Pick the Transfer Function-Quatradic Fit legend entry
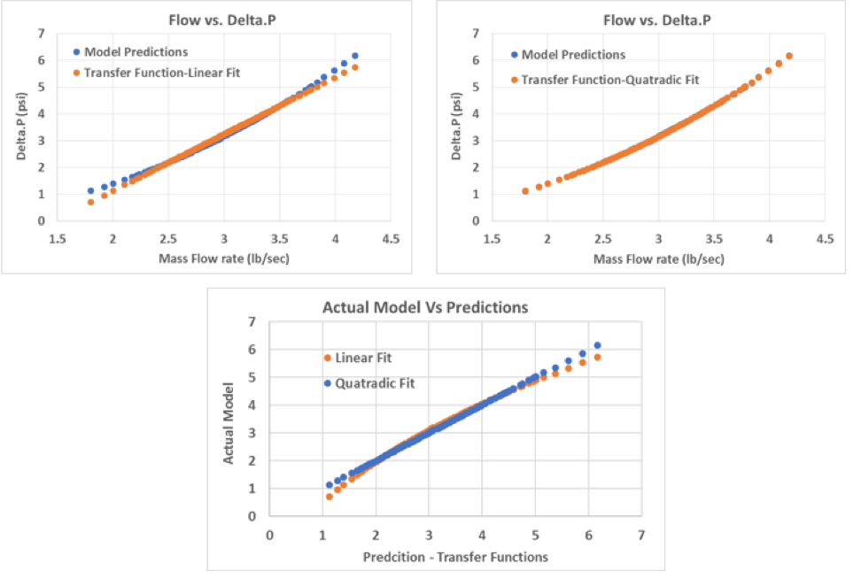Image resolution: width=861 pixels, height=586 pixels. pos(609,80)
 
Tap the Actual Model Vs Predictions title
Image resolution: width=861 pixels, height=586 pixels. pos(427,308)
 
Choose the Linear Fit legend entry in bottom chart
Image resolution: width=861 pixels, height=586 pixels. pos(362,358)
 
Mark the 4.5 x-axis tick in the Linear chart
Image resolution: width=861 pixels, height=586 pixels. pos(390,239)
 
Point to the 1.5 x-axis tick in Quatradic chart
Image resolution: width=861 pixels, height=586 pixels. pos(493,239)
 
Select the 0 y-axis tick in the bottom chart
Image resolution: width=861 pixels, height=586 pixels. pos(254,516)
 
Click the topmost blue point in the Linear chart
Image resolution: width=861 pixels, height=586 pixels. pos(355,56)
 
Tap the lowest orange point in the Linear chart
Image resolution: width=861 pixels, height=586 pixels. pos(90,202)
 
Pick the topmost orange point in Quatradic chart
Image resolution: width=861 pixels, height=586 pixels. pos(789,56)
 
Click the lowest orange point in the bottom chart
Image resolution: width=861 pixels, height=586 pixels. pos(330,497)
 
